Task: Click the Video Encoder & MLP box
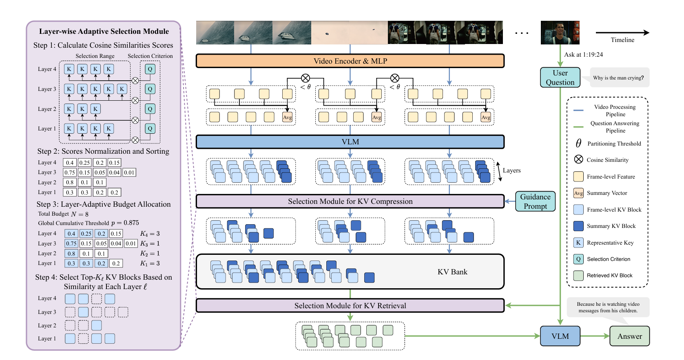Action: pyautogui.click(x=350, y=61)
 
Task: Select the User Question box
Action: pyautogui.click(x=560, y=77)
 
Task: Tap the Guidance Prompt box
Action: pyautogui.click(x=535, y=201)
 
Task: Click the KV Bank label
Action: pyautogui.click(x=452, y=272)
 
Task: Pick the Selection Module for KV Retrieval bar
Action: pyautogui.click(x=350, y=306)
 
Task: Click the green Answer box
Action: pyautogui.click(x=629, y=336)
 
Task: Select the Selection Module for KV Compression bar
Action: pyautogui.click(x=350, y=201)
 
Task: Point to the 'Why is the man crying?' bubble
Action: pyautogui.click(x=618, y=78)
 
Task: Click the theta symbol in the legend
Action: pyautogui.click(x=578, y=143)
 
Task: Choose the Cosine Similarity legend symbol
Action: pyautogui.click(x=578, y=159)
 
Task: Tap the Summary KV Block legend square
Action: pyautogui.click(x=578, y=226)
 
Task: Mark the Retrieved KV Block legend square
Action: pyautogui.click(x=578, y=276)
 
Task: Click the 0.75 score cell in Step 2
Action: pyautogui.click(x=69, y=172)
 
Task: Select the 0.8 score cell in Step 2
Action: pyautogui.click(x=70, y=182)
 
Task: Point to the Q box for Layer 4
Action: pyautogui.click(x=150, y=69)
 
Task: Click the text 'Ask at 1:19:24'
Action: pyautogui.click(x=583, y=55)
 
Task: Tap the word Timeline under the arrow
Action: pyautogui.click(x=622, y=40)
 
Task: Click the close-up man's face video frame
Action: pyautogui.click(x=560, y=33)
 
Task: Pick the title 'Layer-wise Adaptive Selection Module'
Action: pyautogui.click(x=104, y=31)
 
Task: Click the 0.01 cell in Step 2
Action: pyautogui.click(x=129, y=172)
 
